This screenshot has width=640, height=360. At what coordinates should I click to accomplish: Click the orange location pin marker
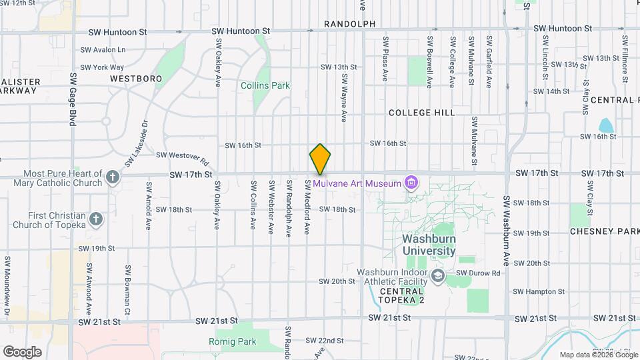click(320, 159)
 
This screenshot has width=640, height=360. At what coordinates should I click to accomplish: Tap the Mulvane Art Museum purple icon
click(411, 183)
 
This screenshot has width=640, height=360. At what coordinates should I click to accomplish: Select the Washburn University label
click(429, 245)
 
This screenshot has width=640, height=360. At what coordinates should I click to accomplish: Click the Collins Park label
click(265, 85)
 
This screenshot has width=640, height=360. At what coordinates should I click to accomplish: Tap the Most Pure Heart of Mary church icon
click(113, 177)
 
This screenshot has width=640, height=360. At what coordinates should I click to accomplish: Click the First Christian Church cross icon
click(96, 219)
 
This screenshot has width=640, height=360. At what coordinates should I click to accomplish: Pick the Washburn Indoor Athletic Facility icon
click(438, 275)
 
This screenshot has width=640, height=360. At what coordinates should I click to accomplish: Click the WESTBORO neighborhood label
click(136, 79)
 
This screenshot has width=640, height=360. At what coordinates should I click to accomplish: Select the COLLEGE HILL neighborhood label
click(422, 113)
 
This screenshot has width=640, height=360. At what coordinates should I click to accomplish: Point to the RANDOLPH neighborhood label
click(350, 24)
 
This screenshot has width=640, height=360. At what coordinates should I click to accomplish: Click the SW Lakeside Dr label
click(135, 143)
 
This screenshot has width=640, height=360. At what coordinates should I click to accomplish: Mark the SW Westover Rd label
click(183, 158)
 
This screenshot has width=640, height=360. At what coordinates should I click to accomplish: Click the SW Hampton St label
click(539, 291)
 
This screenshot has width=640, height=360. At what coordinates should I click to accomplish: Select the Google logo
click(22, 351)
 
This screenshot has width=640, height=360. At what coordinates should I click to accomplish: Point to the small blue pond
click(606, 125)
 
